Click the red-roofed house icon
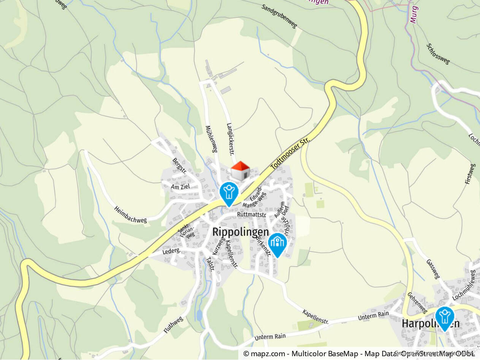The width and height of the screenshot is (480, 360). click(x=240, y=171)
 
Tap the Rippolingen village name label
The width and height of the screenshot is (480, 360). click(x=240, y=232)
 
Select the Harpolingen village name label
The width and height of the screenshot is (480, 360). click(x=430, y=324)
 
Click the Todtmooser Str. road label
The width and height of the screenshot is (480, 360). click(x=290, y=154)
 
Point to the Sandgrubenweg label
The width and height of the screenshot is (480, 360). click(x=279, y=16)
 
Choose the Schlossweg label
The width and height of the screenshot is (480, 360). click(x=438, y=54)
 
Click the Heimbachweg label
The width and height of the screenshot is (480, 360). click(x=130, y=215)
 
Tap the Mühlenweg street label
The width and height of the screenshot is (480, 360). click(x=211, y=139)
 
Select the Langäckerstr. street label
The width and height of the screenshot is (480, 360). click(x=230, y=139)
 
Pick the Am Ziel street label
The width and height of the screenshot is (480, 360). click(x=180, y=187)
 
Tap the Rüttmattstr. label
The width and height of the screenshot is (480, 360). click(x=251, y=215)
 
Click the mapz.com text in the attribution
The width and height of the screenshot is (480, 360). click(x=266, y=354)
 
